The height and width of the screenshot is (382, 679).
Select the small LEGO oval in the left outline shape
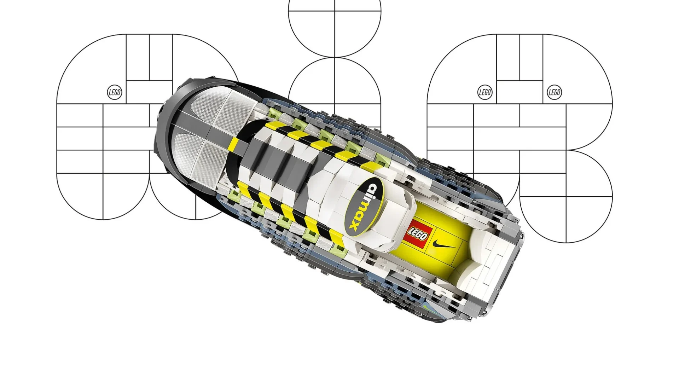114,93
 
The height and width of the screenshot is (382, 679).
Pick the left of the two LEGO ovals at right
485,93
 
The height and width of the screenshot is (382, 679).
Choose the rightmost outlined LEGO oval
554,93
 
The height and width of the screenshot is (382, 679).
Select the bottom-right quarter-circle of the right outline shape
589,219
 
